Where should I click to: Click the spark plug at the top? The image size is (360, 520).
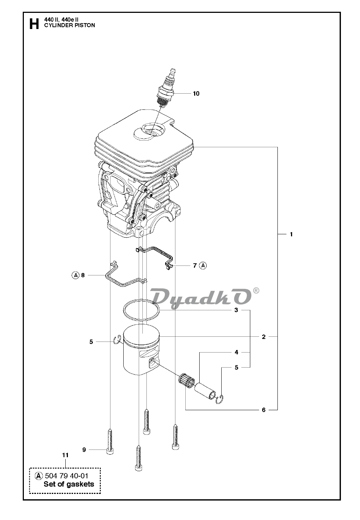167,88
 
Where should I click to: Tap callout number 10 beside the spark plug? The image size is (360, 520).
196,94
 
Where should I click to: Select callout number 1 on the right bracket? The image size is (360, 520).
291,234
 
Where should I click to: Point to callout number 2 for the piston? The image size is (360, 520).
263,337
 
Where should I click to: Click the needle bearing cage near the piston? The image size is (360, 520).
187,380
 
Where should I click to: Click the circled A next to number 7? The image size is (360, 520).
203,266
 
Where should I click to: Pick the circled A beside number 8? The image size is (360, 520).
75,275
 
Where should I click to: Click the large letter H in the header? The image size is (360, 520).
34,24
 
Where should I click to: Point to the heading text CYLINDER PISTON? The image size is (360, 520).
70,25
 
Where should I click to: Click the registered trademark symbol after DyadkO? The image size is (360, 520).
256,290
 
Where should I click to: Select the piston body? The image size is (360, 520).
142,351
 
